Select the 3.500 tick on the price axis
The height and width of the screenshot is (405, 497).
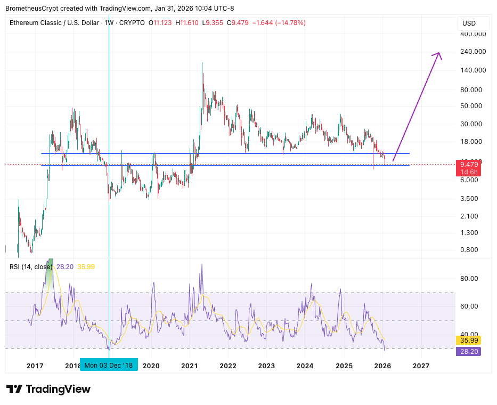coord(470,199)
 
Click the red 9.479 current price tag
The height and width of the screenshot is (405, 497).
coord(469,165)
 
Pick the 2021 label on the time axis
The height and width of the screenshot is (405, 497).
coord(190,366)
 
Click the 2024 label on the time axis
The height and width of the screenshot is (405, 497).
coord(305,366)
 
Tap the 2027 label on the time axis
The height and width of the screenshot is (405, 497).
coord(421,366)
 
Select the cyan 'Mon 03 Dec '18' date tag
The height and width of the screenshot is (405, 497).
coord(109,366)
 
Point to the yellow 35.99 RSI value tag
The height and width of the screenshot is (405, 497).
coord(469,340)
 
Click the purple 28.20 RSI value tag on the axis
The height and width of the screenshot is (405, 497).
coord(469,351)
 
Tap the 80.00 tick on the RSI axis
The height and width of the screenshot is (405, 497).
coord(469,279)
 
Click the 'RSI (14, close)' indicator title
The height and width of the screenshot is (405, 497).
coord(31,266)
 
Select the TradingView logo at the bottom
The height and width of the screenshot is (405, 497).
coord(48,389)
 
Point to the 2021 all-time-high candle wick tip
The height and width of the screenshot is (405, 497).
coord(202,63)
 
